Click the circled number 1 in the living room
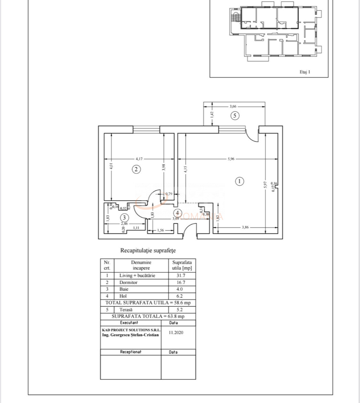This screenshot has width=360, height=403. pyautogui.click(x=239, y=181)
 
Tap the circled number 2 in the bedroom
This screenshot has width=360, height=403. pyautogui.click(x=136, y=169)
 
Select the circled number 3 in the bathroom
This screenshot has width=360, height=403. pyautogui.click(x=124, y=218)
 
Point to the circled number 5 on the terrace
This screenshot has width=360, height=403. pyautogui.click(x=235, y=116)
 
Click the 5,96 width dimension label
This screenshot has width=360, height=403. pyautogui.click(x=231, y=158)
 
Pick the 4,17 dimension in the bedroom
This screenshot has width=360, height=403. pyautogui.click(x=139, y=158)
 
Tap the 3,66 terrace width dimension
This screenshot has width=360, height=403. pyautogui.click(x=233, y=106)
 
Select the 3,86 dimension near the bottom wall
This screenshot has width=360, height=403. pyautogui.click(x=245, y=227)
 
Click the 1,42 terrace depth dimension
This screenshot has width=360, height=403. pyautogui.click(x=212, y=114)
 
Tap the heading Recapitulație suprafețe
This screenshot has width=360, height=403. pyautogui.click(x=148, y=251)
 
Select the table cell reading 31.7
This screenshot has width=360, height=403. pyautogui.click(x=181, y=275)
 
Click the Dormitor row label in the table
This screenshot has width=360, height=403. pyautogui.click(x=128, y=282)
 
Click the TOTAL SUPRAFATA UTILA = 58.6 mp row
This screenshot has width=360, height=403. pyautogui.click(x=148, y=302)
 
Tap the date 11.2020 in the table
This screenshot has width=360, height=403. pyautogui.click(x=176, y=333)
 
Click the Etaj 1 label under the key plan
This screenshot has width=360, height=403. pyautogui.click(x=305, y=72)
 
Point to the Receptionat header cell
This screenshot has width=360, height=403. pyautogui.click(x=131, y=352)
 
